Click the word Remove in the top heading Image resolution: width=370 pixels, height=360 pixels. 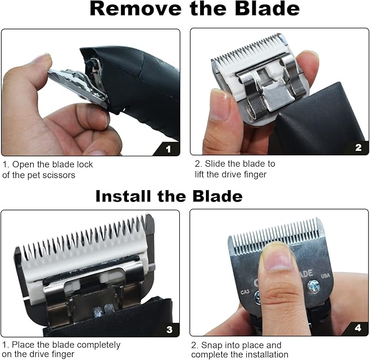coord(128,9)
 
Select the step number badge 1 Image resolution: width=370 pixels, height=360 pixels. coord(168,148)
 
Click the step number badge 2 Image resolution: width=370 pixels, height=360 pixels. coord(357,148)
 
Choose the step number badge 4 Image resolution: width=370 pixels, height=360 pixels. coord(357,328)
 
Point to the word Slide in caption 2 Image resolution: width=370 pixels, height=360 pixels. coord(217,164)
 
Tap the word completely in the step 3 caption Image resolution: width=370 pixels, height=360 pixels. coord(99,345)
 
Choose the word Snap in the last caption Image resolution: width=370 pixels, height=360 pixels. coord(214,345)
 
